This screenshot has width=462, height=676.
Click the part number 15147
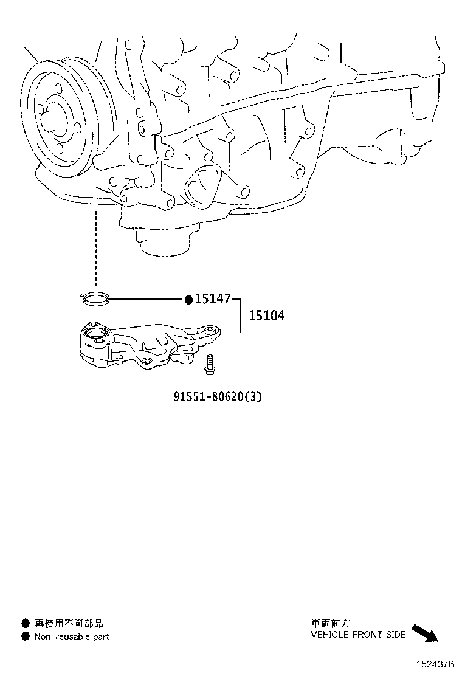[x=213, y=298]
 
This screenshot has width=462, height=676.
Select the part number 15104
[x=267, y=316]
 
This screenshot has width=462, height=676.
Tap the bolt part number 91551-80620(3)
[x=218, y=396]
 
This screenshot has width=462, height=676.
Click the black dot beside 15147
[x=188, y=300]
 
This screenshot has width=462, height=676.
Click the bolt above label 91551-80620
[x=209, y=364]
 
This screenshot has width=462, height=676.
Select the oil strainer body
[x=149, y=345]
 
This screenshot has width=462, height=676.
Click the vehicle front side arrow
[x=425, y=633]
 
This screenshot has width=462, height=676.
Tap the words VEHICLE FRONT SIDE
[x=358, y=634]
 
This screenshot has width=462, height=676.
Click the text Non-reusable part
[x=72, y=636]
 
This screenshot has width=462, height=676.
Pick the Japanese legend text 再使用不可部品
[x=69, y=623]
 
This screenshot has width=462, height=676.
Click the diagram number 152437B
[x=435, y=664]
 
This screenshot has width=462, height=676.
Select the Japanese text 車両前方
[x=331, y=623]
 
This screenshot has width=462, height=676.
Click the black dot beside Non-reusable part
[x=26, y=636]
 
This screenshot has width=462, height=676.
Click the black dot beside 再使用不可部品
[x=26, y=623]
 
